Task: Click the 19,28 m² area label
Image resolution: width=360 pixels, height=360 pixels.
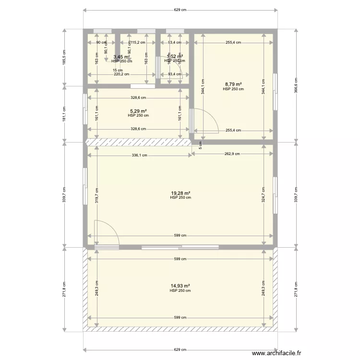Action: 180,194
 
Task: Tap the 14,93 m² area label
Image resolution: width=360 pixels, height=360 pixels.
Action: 180,287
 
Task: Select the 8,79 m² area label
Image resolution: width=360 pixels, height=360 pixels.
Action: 233,85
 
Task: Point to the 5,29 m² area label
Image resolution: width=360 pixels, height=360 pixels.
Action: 138,111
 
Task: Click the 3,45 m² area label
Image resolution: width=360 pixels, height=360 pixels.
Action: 121,57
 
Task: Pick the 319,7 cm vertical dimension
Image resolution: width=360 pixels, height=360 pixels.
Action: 96,195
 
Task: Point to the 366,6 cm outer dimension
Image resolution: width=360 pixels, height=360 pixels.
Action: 295,86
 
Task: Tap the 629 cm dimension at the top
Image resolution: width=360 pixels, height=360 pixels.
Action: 180,10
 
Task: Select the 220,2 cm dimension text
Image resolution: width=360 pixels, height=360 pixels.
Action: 121,74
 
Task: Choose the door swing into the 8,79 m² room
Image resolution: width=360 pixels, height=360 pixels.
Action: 206,120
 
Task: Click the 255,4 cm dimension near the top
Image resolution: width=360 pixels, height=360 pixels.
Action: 233,43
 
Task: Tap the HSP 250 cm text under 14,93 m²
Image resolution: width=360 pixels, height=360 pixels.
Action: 180,291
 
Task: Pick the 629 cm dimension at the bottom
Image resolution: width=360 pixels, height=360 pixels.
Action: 180,349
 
